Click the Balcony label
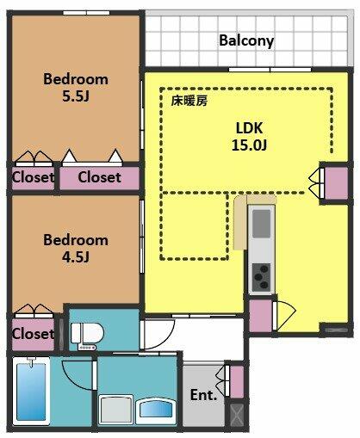pos(246,40)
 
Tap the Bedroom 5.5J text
pos(76,88)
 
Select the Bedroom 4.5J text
pos(76,249)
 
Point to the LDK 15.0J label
pos(249,137)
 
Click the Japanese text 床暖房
pos(189,101)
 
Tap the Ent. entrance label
pos(203,395)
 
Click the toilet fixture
pos(87,336)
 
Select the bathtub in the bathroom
pos(31,391)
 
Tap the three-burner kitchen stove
pos(261,278)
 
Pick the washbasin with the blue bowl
pos(157,410)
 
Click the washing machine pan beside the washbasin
pos(116,410)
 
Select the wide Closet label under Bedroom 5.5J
pos(99,177)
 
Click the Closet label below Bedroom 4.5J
pos(33,334)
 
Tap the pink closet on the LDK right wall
pos(336,182)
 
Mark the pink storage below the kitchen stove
pos(260,316)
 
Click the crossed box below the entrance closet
pos(237,415)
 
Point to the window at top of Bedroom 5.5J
pos(86,13)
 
